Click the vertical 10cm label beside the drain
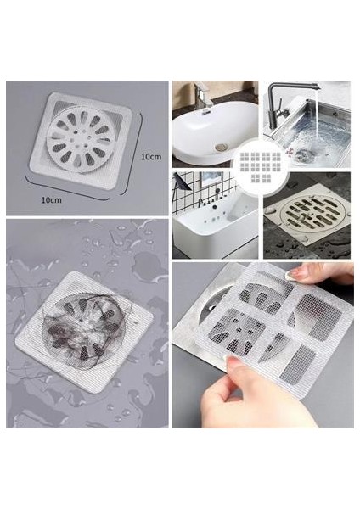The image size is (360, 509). tap(151, 157)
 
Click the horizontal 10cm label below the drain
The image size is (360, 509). tap(52, 199)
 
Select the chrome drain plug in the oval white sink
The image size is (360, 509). tap(221, 147)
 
